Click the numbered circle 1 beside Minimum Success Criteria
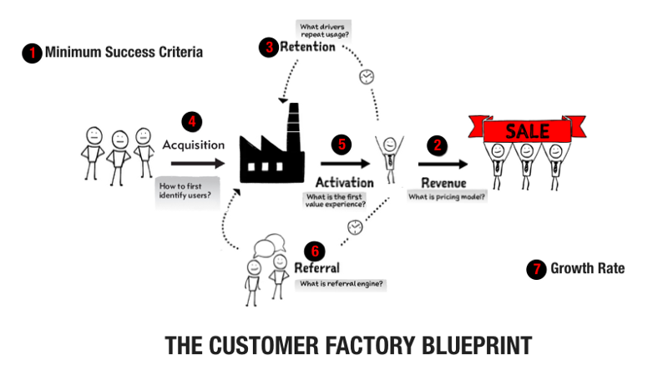[x=32, y=53]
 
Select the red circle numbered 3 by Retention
[x=269, y=47]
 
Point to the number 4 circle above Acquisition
[x=194, y=121]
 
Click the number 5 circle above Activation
[x=341, y=144]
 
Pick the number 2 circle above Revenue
[x=437, y=144]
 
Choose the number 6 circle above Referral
[x=314, y=250]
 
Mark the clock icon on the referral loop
[x=355, y=226]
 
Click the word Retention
[x=307, y=48]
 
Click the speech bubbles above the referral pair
[x=266, y=246]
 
